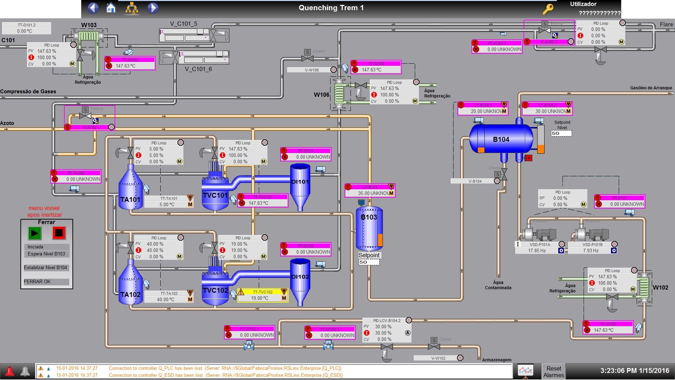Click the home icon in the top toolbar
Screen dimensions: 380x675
pyautogui.click(x=111, y=8)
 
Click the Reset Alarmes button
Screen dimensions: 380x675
pyautogui.click(x=553, y=372)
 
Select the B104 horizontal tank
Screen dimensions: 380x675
pyautogui.click(x=501, y=139)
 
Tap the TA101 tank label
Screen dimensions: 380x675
pyautogui.click(x=130, y=200)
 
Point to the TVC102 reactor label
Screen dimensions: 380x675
pyautogui.click(x=215, y=291)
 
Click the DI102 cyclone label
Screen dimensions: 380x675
pyautogui.click(x=300, y=277)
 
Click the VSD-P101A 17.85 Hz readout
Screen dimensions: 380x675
pyautogui.click(x=537, y=251)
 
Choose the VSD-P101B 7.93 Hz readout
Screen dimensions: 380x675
pyautogui.click(x=591, y=251)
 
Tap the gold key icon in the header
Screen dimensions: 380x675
pyautogui.click(x=548, y=9)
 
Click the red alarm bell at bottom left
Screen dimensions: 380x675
pyautogui.click(x=9, y=372)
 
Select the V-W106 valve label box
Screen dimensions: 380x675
pyautogui.click(x=311, y=70)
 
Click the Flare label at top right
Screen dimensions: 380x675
pyautogui.click(x=666, y=25)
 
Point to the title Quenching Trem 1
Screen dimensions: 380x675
pyautogui.click(x=331, y=8)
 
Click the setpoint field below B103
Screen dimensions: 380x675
pyautogui.click(x=369, y=262)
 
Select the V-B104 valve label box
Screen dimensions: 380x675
pyautogui.click(x=475, y=181)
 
